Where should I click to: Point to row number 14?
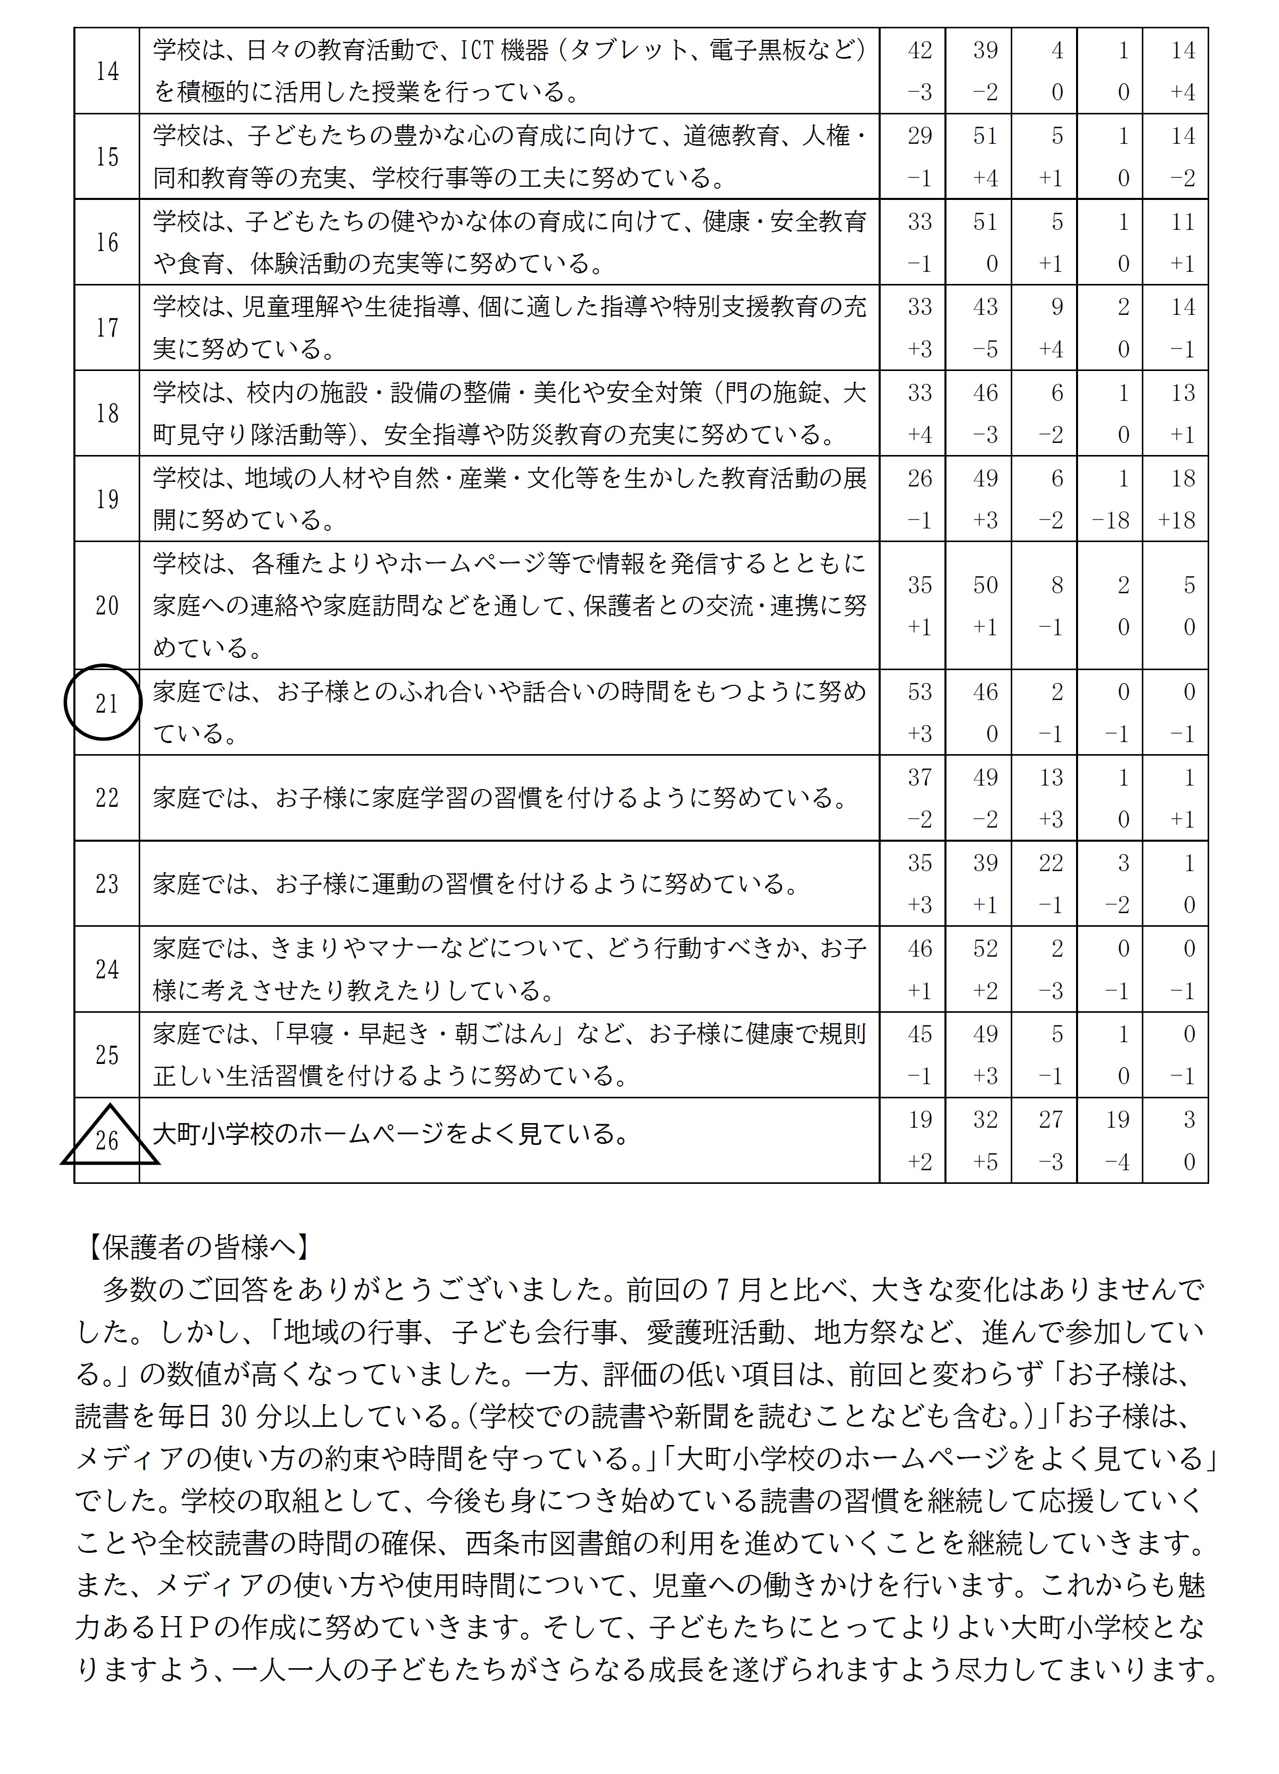[107, 72]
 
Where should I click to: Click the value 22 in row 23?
[1051, 863]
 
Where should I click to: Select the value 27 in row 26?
[1051, 1120]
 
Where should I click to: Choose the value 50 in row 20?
[985, 585]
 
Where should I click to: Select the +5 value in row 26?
[985, 1162]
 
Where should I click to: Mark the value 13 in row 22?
[1051, 777]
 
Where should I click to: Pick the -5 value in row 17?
[985, 349]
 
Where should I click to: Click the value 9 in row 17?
[1057, 307]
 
